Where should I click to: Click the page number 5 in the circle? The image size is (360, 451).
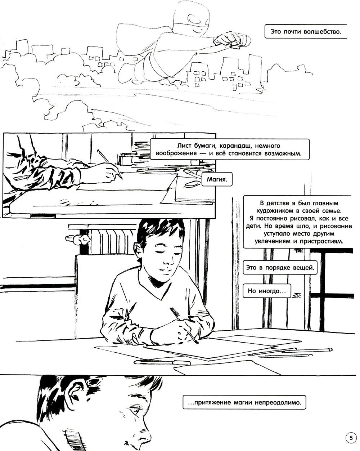tap(351, 438)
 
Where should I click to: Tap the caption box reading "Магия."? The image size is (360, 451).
tap(217, 179)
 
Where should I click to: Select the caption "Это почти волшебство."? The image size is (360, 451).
tap(306, 31)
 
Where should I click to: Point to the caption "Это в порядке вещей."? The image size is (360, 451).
tap(280, 268)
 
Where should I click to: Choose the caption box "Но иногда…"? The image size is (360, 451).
tap(267, 291)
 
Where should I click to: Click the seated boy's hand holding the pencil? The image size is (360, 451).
tap(184, 332)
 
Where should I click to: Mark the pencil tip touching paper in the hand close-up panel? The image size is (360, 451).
tap(121, 178)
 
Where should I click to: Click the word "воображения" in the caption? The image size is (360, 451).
tap(176, 153)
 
